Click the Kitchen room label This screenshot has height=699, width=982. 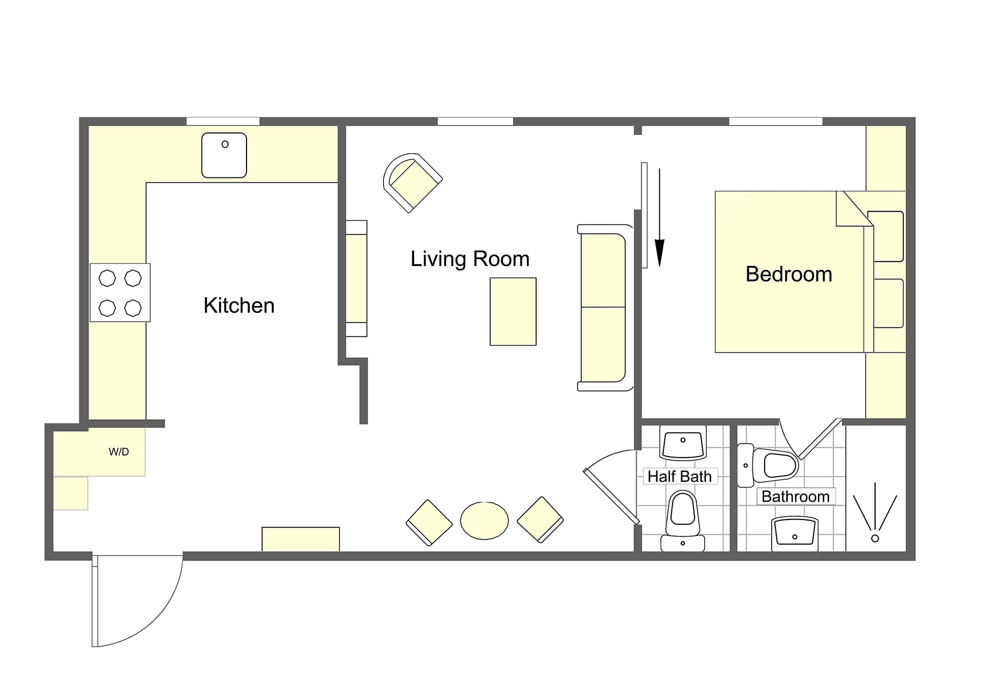pyautogui.click(x=239, y=305)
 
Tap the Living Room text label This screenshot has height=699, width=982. pyautogui.click(x=470, y=259)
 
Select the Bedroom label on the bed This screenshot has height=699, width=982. pyautogui.click(x=789, y=274)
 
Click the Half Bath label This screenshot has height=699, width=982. pyautogui.click(x=679, y=477)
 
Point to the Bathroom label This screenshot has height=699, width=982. pyautogui.click(x=795, y=497)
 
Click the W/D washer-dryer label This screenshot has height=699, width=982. pyautogui.click(x=119, y=452)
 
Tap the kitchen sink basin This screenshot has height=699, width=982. pyautogui.click(x=224, y=155)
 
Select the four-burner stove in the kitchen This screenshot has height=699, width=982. pyautogui.click(x=120, y=292)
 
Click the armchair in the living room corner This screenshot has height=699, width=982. pyautogui.click(x=412, y=183)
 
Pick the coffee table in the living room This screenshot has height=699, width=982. pyautogui.click(x=513, y=311)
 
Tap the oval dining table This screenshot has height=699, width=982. pyautogui.click(x=484, y=521)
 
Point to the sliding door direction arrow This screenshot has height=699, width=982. pyautogui.click(x=660, y=217)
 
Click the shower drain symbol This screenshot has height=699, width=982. pyautogui.click(x=875, y=538)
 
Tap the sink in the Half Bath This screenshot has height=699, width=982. pyautogui.click(x=683, y=443)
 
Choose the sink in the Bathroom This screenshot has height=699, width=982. pyautogui.click(x=795, y=534)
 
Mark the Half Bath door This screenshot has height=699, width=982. pyautogui.click(x=612, y=496)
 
